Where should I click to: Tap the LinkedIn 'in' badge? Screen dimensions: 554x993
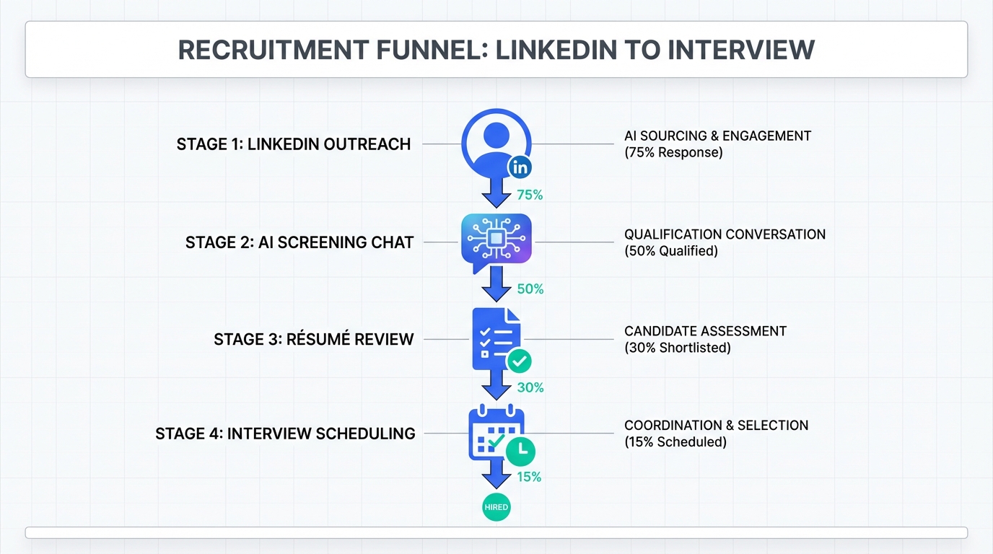point(520,168)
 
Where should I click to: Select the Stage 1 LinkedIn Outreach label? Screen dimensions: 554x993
point(294,144)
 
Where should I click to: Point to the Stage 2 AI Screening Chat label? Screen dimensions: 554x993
point(299,242)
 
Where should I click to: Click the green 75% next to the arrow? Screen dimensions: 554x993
point(530,195)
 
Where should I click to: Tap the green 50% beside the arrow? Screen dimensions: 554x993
point(530,289)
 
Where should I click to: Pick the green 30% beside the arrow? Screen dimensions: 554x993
point(530,387)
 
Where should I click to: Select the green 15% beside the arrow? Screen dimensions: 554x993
point(529,477)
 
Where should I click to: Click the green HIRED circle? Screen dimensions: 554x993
point(496,507)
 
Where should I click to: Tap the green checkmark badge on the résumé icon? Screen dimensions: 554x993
point(520,361)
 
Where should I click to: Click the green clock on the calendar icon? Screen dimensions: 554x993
point(521,451)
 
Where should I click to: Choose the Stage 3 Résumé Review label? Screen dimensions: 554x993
point(314,339)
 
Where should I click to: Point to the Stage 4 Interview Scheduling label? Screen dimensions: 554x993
point(285,434)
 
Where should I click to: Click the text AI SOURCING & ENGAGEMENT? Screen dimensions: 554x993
point(717,136)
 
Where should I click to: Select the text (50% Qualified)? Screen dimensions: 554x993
point(671,251)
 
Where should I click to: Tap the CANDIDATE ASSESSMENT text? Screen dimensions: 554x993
point(705,331)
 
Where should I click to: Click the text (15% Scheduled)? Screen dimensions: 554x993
point(675,441)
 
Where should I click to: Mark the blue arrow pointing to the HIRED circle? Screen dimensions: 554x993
point(496,475)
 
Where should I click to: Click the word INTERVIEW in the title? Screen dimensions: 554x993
point(741,50)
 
